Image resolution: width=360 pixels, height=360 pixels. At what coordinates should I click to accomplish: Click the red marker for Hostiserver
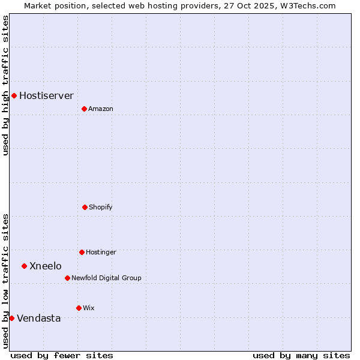click(x=14, y=95)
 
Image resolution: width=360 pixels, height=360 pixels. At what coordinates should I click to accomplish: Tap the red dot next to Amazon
click(x=84, y=109)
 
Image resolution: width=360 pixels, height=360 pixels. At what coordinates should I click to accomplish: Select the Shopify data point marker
click(x=85, y=207)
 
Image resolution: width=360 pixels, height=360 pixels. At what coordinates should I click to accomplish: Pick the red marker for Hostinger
click(x=82, y=252)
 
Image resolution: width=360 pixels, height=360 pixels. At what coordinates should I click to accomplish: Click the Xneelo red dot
click(x=24, y=266)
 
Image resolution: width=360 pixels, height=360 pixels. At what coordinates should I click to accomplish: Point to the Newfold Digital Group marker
click(x=67, y=278)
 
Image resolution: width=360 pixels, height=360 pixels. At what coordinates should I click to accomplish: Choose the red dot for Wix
click(x=79, y=308)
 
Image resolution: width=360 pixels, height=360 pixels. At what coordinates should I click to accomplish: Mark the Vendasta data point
click(x=11, y=318)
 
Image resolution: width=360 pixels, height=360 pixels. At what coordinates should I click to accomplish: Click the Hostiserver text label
click(x=46, y=95)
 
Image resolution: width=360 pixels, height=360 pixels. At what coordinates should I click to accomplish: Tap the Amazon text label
click(x=101, y=109)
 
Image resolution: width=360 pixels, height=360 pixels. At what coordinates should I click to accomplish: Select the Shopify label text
click(x=101, y=207)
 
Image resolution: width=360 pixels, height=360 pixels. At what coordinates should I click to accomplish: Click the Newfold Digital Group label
click(x=106, y=278)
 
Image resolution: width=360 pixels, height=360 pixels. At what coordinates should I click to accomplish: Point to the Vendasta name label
click(x=38, y=318)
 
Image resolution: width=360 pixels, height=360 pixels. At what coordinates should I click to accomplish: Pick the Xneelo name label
click(x=45, y=266)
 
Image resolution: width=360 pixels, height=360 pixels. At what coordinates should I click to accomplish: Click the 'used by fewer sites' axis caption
click(x=62, y=355)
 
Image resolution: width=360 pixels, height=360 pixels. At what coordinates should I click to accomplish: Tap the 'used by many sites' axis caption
click(x=301, y=355)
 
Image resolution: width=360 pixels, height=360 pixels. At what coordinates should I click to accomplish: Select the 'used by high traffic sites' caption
click(x=5, y=85)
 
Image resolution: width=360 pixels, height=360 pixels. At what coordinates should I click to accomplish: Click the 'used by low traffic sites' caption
click(x=5, y=281)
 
